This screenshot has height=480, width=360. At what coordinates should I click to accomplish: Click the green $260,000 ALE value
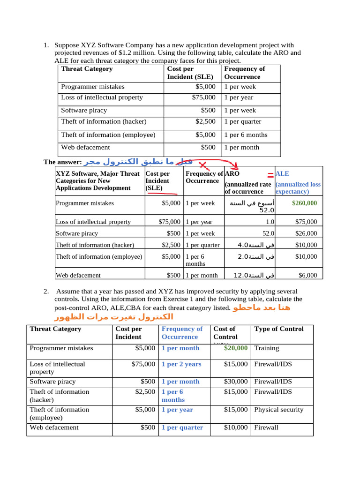coord(304,203)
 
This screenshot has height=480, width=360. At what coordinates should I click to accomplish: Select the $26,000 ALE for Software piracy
coord(306,233)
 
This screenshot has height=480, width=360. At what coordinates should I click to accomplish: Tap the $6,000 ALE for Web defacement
coord(307,276)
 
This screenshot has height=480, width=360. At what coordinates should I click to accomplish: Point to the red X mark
coord(203,165)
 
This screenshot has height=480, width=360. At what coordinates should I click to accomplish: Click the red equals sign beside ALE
coord(270,175)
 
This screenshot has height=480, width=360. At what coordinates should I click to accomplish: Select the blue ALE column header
coord(282,173)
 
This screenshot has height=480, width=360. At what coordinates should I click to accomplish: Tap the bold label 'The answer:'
coord(62,162)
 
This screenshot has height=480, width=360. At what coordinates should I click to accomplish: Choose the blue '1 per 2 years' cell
coord(181,364)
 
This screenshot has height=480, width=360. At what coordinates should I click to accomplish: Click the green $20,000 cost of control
coord(236,348)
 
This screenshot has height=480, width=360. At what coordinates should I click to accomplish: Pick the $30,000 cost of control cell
coord(236,382)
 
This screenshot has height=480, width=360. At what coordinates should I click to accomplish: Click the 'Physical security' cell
coord(278,409)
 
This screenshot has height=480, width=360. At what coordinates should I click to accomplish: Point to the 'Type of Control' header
coord(278,329)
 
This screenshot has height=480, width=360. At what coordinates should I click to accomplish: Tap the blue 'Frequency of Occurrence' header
coord(182,333)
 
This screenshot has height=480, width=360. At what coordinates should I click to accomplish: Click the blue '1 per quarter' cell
coord(182,427)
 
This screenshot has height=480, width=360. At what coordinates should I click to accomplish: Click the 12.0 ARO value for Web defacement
coord(244,276)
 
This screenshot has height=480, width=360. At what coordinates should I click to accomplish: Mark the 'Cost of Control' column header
coord(225,333)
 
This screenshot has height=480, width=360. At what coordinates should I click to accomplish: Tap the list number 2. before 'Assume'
coord(46,291)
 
